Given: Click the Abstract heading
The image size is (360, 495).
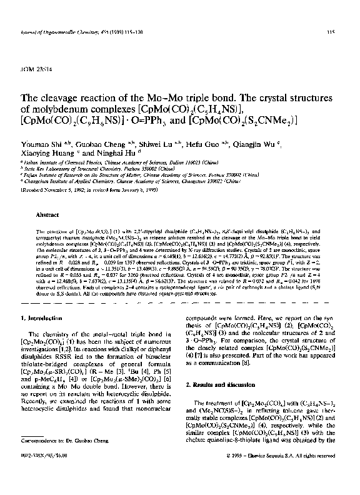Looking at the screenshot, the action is (x=47, y=214).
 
